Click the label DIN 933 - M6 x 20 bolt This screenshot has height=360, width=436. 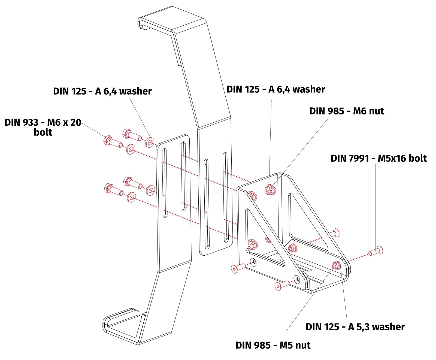[43, 127]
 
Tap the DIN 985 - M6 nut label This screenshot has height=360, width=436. [346, 111]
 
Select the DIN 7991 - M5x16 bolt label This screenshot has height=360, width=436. [379, 158]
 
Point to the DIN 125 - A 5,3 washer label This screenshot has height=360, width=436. [355, 327]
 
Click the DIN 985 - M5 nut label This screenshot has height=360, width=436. [273, 345]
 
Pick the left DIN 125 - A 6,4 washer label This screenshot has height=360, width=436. [102, 91]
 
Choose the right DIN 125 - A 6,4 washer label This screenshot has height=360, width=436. [275, 89]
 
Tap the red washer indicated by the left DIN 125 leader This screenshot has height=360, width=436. [150, 142]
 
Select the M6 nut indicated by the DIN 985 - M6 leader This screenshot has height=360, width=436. [270, 190]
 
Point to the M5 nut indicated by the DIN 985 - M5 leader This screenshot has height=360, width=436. [336, 265]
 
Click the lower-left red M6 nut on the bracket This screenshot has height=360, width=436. [253, 244]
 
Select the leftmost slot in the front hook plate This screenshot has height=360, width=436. [164, 183]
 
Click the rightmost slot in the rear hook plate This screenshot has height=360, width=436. [225, 197]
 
